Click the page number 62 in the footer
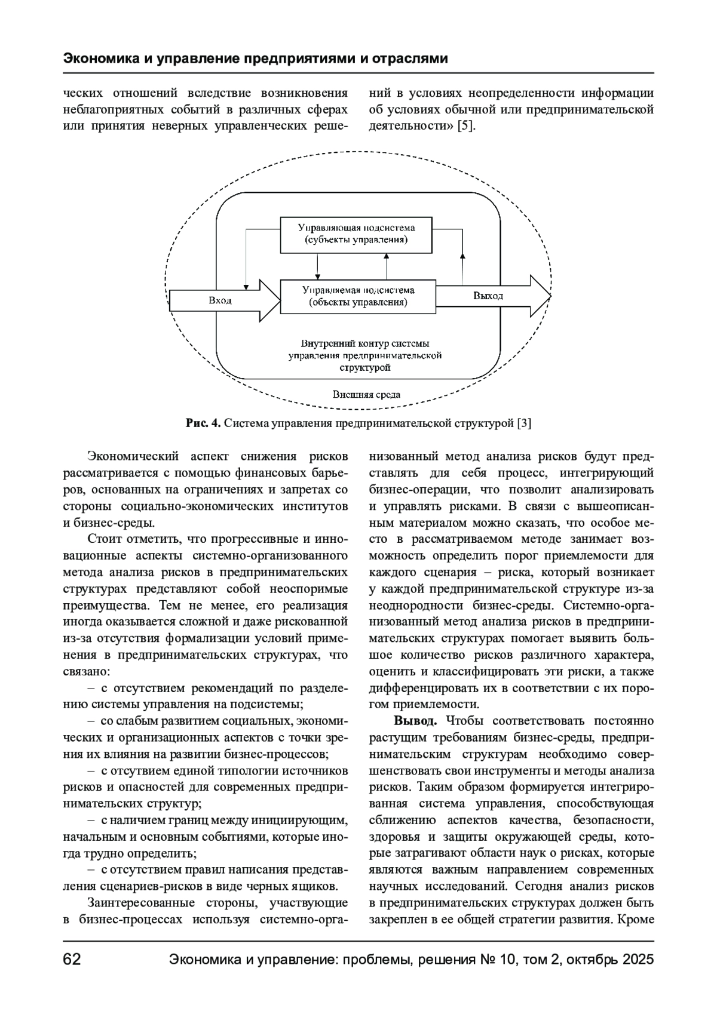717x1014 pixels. (72, 960)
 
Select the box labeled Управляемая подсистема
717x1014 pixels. (358, 296)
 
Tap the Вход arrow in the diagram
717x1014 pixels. (221, 300)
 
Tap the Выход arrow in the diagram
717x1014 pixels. (490, 296)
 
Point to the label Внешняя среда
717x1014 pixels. (366, 395)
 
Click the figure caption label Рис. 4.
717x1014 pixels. (203, 423)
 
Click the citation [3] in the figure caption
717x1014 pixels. (524, 423)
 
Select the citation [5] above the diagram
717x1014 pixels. (466, 127)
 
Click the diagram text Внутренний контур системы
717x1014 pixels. (365, 344)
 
